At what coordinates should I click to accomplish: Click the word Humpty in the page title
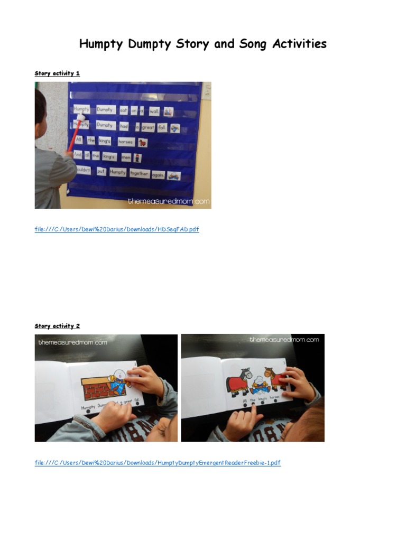point(102,44)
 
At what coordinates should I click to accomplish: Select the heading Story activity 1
point(57,73)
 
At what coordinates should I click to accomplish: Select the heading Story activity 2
point(57,326)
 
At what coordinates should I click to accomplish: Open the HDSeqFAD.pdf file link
point(117,229)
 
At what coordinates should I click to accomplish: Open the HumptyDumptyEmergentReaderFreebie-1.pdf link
point(158,463)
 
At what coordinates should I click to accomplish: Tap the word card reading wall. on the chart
point(154,111)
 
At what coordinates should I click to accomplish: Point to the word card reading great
point(149,127)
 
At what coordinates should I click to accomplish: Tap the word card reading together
point(140,173)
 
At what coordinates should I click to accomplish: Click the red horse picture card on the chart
point(142,142)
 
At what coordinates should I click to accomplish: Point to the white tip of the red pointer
point(80,118)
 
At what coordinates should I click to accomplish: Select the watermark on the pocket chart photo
point(168,201)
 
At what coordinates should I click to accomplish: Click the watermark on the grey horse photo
point(284,340)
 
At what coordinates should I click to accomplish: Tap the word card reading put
point(101,172)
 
